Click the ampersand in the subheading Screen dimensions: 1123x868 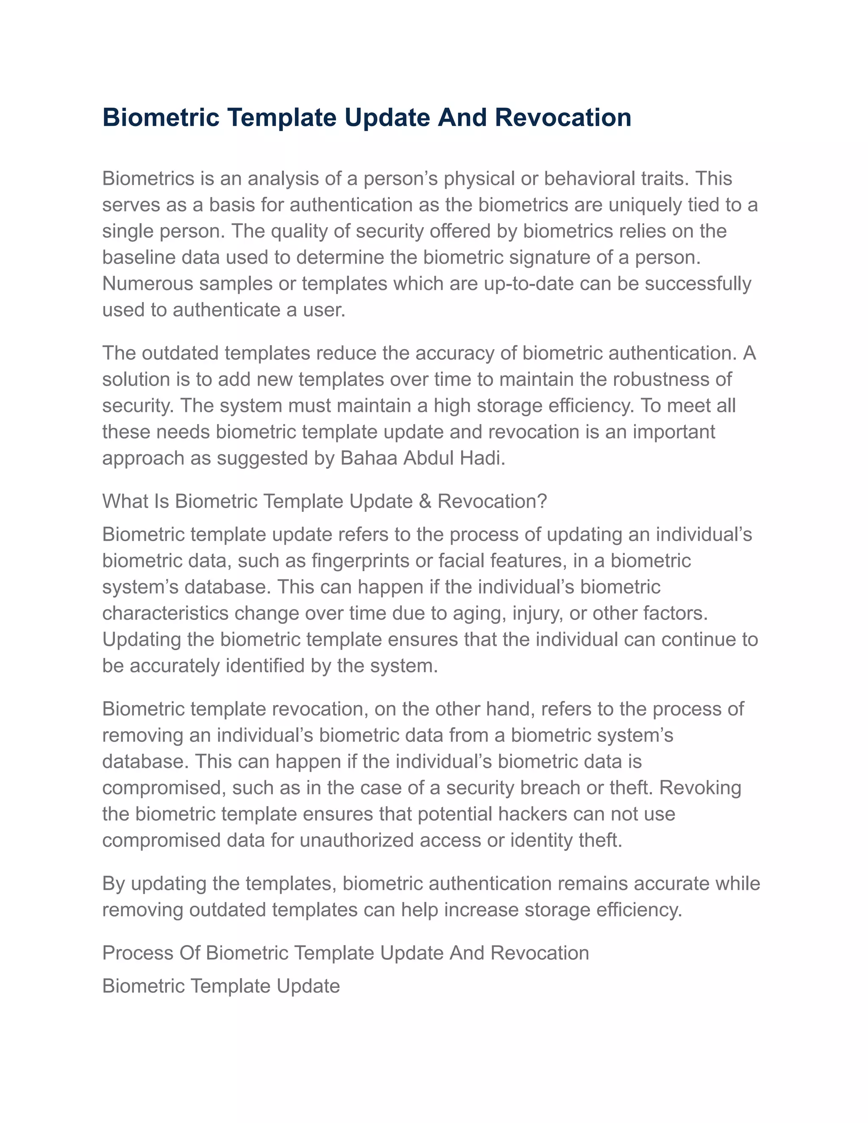[x=425, y=501]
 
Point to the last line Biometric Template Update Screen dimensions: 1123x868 [x=221, y=986]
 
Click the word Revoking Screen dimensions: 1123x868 [x=700, y=788]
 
